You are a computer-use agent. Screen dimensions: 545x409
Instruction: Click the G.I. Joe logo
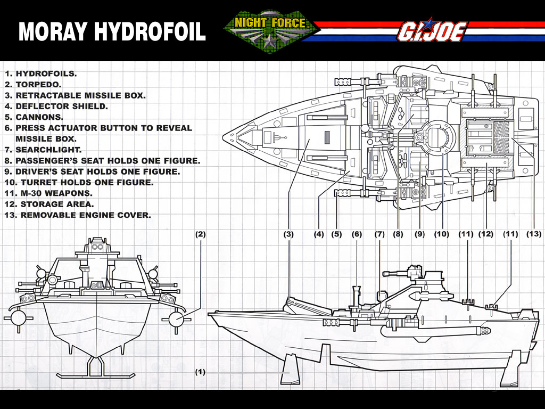click(432, 30)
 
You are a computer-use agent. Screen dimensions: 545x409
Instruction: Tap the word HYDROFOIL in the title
click(150, 31)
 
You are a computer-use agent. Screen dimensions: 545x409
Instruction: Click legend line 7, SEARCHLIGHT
click(43, 150)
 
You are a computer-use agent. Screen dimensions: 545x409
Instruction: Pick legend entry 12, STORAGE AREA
click(49, 204)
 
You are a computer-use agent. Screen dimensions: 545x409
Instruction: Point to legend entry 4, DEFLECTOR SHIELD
click(56, 107)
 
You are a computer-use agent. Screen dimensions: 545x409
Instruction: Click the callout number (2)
click(200, 234)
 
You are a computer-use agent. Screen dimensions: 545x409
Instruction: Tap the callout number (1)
click(200, 372)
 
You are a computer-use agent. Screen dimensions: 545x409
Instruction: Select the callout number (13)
click(533, 234)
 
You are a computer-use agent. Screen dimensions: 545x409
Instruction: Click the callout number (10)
click(441, 234)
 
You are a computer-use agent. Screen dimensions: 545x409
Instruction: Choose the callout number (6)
click(357, 234)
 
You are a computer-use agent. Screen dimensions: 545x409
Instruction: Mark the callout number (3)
click(288, 234)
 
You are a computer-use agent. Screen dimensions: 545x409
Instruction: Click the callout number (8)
click(398, 234)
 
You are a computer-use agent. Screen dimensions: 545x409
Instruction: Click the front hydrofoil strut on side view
click(291, 369)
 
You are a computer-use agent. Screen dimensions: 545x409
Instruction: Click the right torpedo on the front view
click(177, 318)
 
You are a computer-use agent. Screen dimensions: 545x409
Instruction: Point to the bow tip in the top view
click(223, 136)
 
